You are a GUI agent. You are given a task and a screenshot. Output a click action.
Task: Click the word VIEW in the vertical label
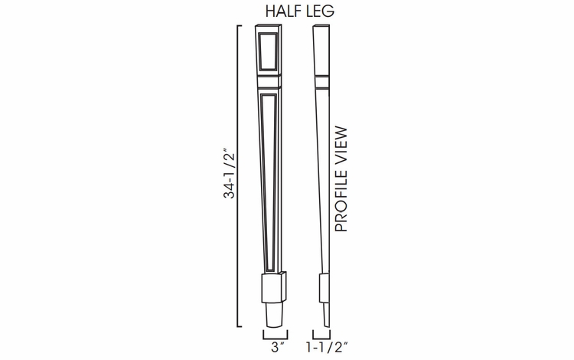pos(341,142)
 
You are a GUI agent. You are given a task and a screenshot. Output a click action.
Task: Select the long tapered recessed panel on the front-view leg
pos(269,176)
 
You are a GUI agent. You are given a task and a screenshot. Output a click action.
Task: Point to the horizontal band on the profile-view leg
pos(322,78)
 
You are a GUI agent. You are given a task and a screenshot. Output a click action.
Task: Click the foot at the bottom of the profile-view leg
pos(325,316)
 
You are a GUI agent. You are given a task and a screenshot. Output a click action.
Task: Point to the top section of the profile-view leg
pos(321,50)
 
